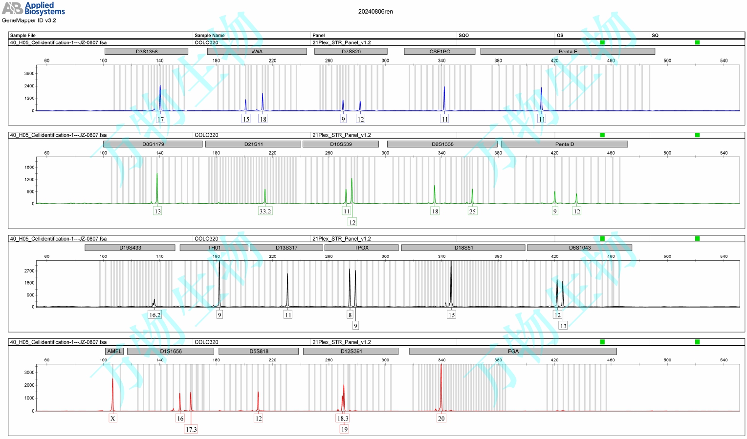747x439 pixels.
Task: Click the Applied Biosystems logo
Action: click(x=33, y=8)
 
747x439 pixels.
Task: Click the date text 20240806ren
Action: click(x=375, y=12)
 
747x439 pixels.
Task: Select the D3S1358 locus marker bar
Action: click(x=147, y=51)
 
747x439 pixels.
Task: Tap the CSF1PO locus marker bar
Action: click(x=439, y=51)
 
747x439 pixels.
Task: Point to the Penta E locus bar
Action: click(x=568, y=51)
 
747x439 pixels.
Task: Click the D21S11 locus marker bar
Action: click(x=253, y=144)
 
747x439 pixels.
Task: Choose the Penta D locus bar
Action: click(x=564, y=144)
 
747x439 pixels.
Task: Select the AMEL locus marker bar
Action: click(x=114, y=351)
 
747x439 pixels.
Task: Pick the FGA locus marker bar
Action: click(x=513, y=351)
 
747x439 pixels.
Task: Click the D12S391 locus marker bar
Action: click(x=351, y=351)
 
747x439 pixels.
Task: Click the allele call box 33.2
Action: click(x=265, y=211)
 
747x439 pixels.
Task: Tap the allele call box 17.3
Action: click(x=191, y=429)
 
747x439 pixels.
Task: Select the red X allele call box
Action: click(x=113, y=418)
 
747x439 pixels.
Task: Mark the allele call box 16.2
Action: click(x=154, y=315)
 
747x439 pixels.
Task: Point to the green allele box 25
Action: click(x=472, y=211)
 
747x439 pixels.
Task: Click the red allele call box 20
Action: click(x=441, y=418)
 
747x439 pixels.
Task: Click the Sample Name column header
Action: click(x=209, y=35)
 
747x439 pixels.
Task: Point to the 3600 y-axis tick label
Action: click(x=29, y=74)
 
